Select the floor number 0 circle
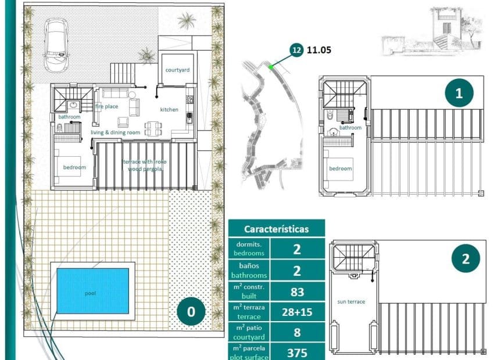pyautogui.click(x=191, y=312)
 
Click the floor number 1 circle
pyautogui.click(x=459, y=93)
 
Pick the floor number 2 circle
pyautogui.click(x=465, y=260)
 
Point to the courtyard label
pyautogui.click(x=177, y=70)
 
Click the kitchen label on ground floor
pyautogui.click(x=169, y=109)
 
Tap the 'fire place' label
pyautogui.click(x=107, y=107)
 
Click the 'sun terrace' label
pyautogui.click(x=351, y=302)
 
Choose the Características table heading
pyautogui.click(x=276, y=229)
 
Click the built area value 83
pyautogui.click(x=297, y=291)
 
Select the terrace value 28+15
pyautogui.click(x=297, y=312)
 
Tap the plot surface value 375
pyautogui.click(x=297, y=352)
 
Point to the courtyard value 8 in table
pyautogui.click(x=297, y=333)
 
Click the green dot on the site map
pyautogui.click(x=271, y=67)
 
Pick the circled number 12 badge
pyautogui.click(x=296, y=50)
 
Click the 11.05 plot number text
pyautogui.click(x=320, y=50)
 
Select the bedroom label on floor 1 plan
pyautogui.click(x=341, y=168)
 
